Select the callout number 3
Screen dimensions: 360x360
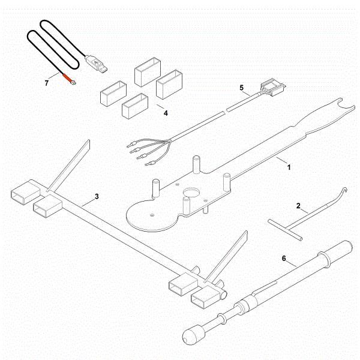pos(97,196)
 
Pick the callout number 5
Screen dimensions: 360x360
pos(242,88)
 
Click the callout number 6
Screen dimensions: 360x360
pos(284,260)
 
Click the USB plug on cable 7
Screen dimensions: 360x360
pos(97,62)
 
